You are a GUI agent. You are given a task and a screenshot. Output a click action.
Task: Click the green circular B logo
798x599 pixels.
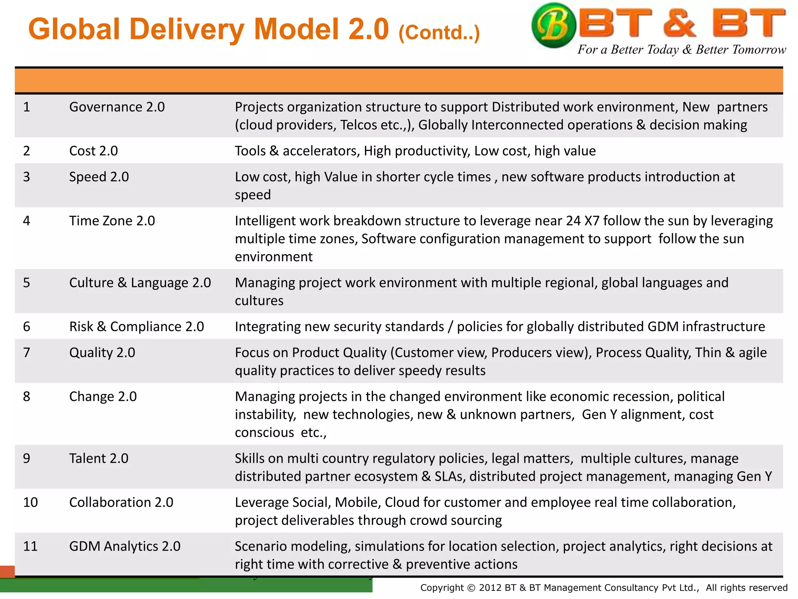[x=553, y=25]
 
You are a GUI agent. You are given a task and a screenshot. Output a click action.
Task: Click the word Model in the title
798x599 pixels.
[x=296, y=29]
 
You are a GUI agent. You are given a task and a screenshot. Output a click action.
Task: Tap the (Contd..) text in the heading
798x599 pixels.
[x=439, y=33]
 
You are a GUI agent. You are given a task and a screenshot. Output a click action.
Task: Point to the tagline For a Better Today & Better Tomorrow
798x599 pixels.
[x=681, y=50]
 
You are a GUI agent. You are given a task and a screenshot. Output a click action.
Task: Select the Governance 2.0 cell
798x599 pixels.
[x=117, y=107]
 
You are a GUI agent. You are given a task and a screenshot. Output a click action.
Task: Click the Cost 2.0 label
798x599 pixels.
[x=94, y=151]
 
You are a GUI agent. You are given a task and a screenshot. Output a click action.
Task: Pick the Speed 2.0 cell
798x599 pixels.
[x=99, y=177]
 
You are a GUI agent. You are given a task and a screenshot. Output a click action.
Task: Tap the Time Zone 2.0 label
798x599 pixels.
[x=112, y=221]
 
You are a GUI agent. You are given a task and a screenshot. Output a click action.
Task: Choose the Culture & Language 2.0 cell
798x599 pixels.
[x=140, y=283]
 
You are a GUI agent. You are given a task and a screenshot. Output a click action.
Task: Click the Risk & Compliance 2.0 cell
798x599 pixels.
[x=136, y=327]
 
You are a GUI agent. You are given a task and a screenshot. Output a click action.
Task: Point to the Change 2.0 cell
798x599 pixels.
[x=103, y=397]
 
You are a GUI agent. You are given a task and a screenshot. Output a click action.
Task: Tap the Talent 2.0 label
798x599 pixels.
[x=99, y=459]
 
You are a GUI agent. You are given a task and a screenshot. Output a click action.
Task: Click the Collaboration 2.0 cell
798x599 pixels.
[x=121, y=503]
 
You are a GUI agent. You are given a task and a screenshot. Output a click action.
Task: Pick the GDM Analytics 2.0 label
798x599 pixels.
[x=125, y=546]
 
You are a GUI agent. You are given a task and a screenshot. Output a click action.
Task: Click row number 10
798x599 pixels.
[x=30, y=503]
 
